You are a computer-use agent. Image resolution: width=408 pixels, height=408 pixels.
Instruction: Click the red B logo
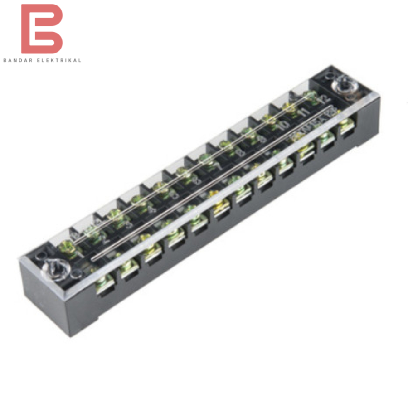(41, 29)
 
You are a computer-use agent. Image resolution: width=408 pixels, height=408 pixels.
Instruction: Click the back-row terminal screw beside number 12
(310, 95)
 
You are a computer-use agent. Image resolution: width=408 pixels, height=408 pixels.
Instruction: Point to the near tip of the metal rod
(93, 259)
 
